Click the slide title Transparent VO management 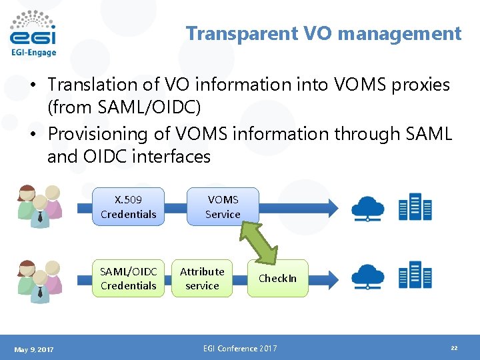tap(323, 33)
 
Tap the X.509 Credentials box tap(128, 207)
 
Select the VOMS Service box tap(223, 207)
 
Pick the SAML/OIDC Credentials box tap(128, 278)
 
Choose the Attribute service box tap(202, 278)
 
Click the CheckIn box tap(277, 278)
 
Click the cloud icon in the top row tap(367, 206)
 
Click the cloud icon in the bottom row tap(367, 276)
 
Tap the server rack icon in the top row tap(414, 206)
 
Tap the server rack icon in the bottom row tap(414, 276)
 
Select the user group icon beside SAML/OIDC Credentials tap(39, 277)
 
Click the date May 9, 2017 tap(33, 349)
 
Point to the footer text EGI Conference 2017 tap(239, 349)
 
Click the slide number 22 tap(454, 349)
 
